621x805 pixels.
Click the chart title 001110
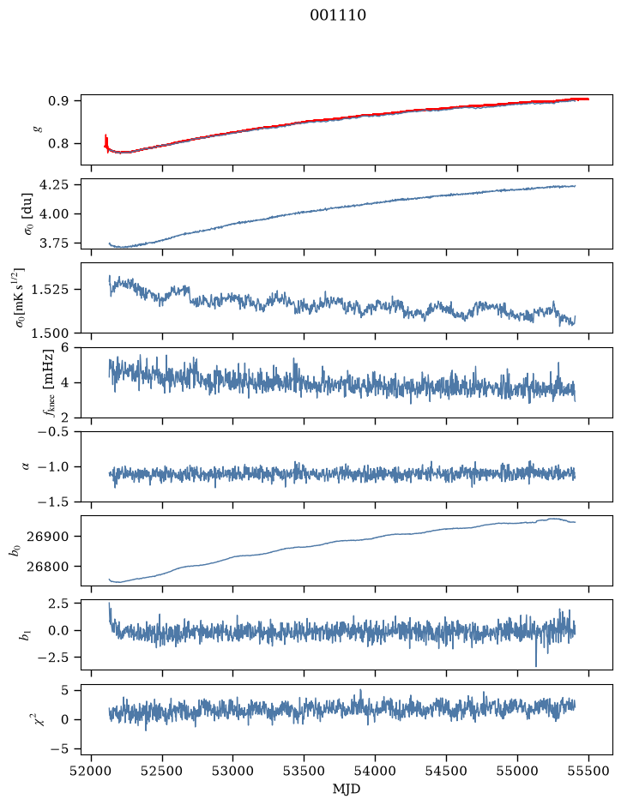click(338, 15)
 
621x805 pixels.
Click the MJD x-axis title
click(347, 789)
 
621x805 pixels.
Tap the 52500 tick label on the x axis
click(162, 771)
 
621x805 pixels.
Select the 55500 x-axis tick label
click(588, 771)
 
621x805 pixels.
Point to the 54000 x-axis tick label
click(376, 771)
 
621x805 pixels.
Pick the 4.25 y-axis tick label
click(54, 185)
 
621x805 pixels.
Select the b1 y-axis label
click(25, 635)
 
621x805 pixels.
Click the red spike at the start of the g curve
click(106, 142)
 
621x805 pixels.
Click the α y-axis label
click(26, 466)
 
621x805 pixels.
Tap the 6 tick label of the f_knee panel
click(64, 347)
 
